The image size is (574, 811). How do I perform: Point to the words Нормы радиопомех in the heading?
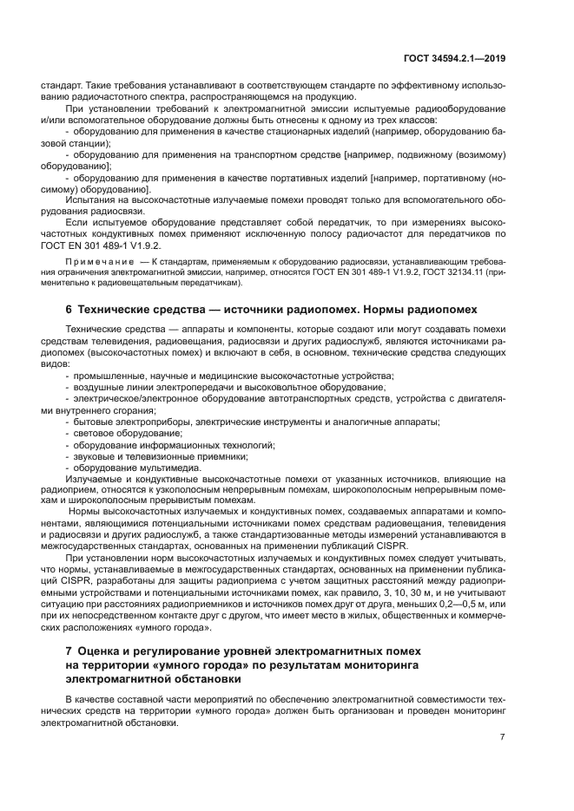[x=415, y=309]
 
